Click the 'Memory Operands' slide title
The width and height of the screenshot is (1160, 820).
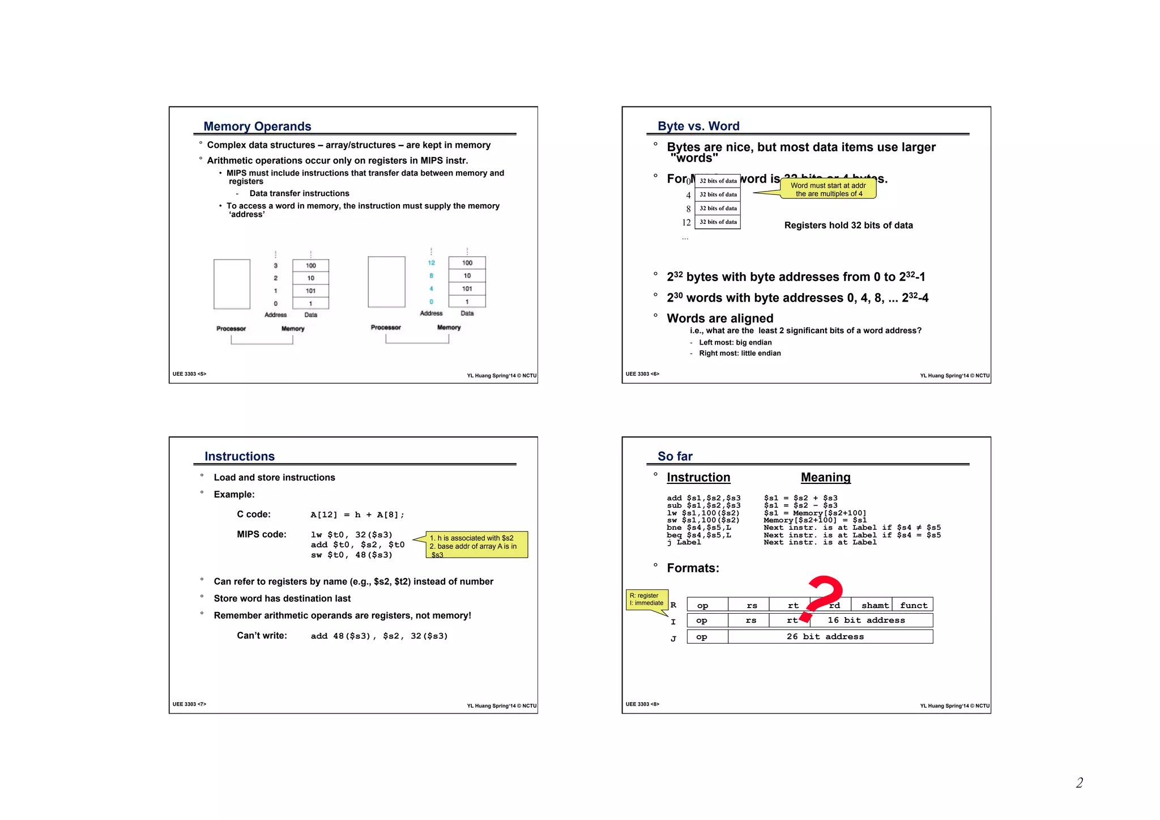point(257,126)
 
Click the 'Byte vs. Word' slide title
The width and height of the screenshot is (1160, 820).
point(698,126)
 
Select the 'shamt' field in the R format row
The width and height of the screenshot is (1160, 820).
point(874,605)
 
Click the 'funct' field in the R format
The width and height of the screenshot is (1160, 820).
point(913,605)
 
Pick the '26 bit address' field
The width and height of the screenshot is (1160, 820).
point(825,637)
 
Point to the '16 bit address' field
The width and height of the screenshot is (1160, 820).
point(866,621)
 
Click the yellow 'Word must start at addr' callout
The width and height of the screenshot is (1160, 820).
point(828,189)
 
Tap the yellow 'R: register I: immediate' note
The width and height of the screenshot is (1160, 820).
point(647,600)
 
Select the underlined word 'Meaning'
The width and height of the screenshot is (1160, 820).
point(825,478)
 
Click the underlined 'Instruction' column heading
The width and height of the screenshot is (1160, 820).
point(698,478)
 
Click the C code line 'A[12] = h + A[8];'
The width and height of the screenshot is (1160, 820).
point(357,515)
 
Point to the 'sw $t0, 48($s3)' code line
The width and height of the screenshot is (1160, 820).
point(351,555)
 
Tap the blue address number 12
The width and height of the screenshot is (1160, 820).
point(431,263)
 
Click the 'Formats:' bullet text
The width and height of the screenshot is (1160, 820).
point(693,568)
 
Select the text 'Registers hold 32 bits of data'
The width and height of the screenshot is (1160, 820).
point(848,226)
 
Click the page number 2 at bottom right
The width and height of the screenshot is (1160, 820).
point(1079,783)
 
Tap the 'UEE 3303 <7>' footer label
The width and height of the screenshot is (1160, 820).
point(189,704)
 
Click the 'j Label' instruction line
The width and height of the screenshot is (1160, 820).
point(684,543)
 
